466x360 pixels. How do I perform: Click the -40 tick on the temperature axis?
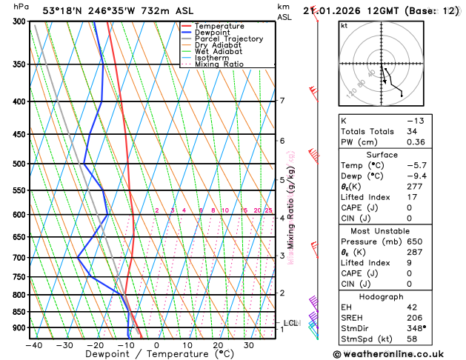[33, 345]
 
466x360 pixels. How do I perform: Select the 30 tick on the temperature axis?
[249, 345]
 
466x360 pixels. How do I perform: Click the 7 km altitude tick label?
[282, 101]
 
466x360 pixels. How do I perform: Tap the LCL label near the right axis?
[290, 323]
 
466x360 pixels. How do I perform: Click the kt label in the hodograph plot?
[344, 25]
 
